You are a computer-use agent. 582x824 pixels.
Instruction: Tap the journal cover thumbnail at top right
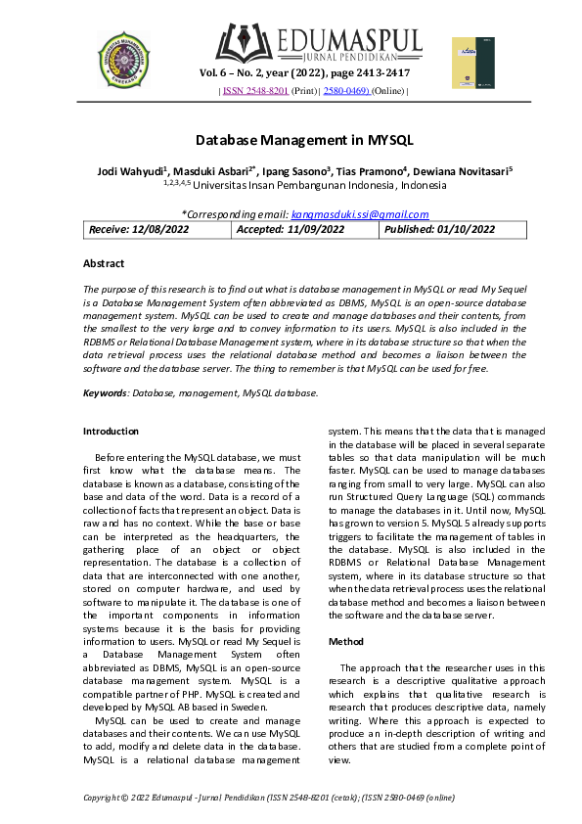468,62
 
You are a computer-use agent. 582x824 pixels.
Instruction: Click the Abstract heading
104,263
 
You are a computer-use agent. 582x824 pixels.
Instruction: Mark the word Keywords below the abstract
105,391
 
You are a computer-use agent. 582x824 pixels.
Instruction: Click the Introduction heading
111,431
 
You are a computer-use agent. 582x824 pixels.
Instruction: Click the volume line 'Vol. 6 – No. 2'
304,73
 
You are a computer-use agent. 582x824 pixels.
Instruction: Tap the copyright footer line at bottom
269,798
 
